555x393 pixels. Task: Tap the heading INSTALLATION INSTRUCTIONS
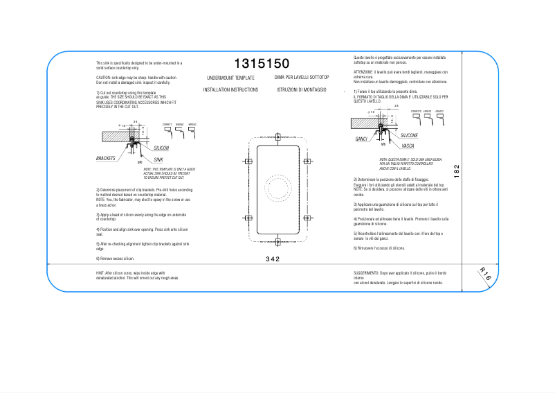pyautogui.click(x=230, y=90)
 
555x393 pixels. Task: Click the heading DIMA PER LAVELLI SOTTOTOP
pyautogui.click(x=301, y=78)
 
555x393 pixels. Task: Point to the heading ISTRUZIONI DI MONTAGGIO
pyautogui.click(x=301, y=90)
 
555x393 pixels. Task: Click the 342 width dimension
pyautogui.click(x=273, y=259)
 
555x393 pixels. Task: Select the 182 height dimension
pyautogui.click(x=456, y=170)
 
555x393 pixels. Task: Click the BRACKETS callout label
pyautogui.click(x=106, y=159)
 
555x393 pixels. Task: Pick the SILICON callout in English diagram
pyautogui.click(x=161, y=148)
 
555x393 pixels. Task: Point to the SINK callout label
pyautogui.click(x=158, y=159)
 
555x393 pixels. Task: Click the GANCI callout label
pyautogui.click(x=361, y=139)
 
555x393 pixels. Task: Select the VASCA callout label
pyautogui.click(x=408, y=146)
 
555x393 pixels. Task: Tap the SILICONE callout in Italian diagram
pyautogui.click(x=409, y=135)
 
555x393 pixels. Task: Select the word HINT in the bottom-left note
pyautogui.click(x=100, y=273)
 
